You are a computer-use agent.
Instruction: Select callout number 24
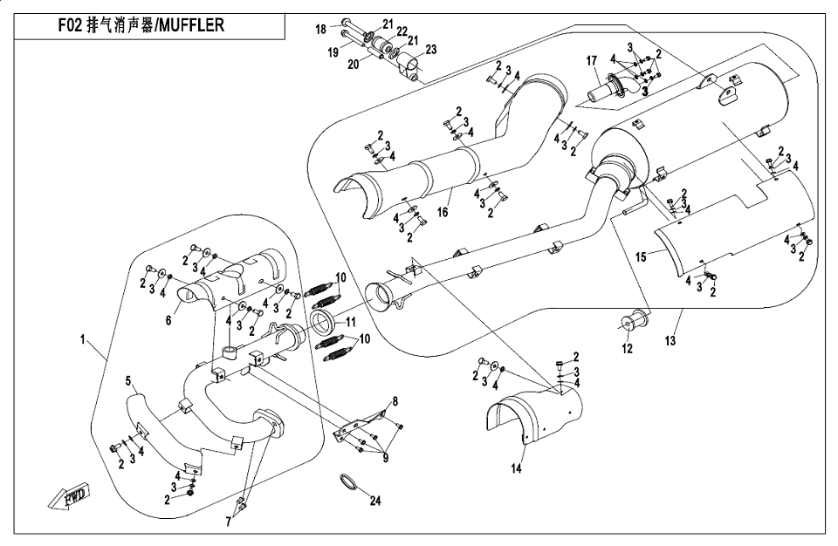376,501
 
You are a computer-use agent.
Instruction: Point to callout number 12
625,350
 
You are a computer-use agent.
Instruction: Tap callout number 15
641,256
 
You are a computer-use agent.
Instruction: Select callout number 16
443,212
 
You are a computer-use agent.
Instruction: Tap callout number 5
127,381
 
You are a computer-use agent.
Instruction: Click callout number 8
395,401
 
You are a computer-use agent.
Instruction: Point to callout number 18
321,29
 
